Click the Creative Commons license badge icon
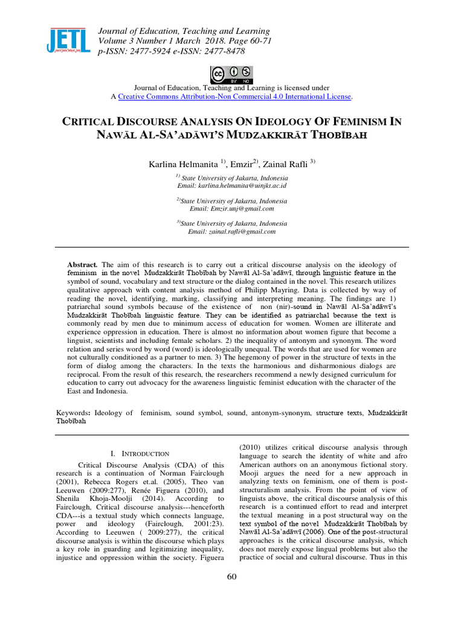pyautogui.click(x=232, y=75)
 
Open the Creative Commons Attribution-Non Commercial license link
pyautogui.click(x=234, y=97)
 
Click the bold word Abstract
pyautogui.click(x=83, y=265)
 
